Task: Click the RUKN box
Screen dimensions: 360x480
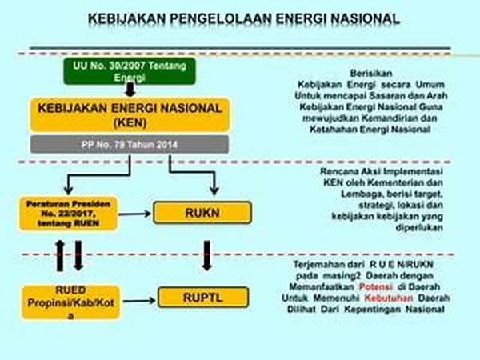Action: pyautogui.click(x=195, y=212)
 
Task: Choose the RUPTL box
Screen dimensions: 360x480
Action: pyautogui.click(x=197, y=298)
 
